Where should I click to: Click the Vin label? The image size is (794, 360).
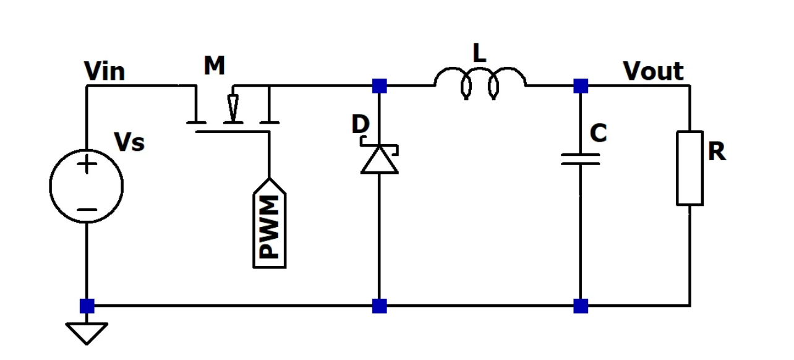(105, 72)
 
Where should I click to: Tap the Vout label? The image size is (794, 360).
(654, 72)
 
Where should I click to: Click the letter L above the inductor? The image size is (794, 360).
(479, 54)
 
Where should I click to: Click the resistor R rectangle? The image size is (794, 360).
(689, 168)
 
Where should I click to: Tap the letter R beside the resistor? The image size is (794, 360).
(717, 151)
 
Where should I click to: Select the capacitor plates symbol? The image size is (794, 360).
(580, 160)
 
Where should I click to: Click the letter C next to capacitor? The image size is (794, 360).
(598, 133)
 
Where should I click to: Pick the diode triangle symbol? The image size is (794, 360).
(379, 160)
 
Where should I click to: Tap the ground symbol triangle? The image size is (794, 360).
(87, 333)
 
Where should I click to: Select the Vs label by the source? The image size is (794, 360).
(129, 143)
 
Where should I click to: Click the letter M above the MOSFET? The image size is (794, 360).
(214, 66)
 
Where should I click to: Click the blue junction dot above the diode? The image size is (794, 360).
(379, 86)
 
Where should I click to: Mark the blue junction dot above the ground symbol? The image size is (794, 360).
(87, 306)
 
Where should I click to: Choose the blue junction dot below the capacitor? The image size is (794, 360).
(580, 306)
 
